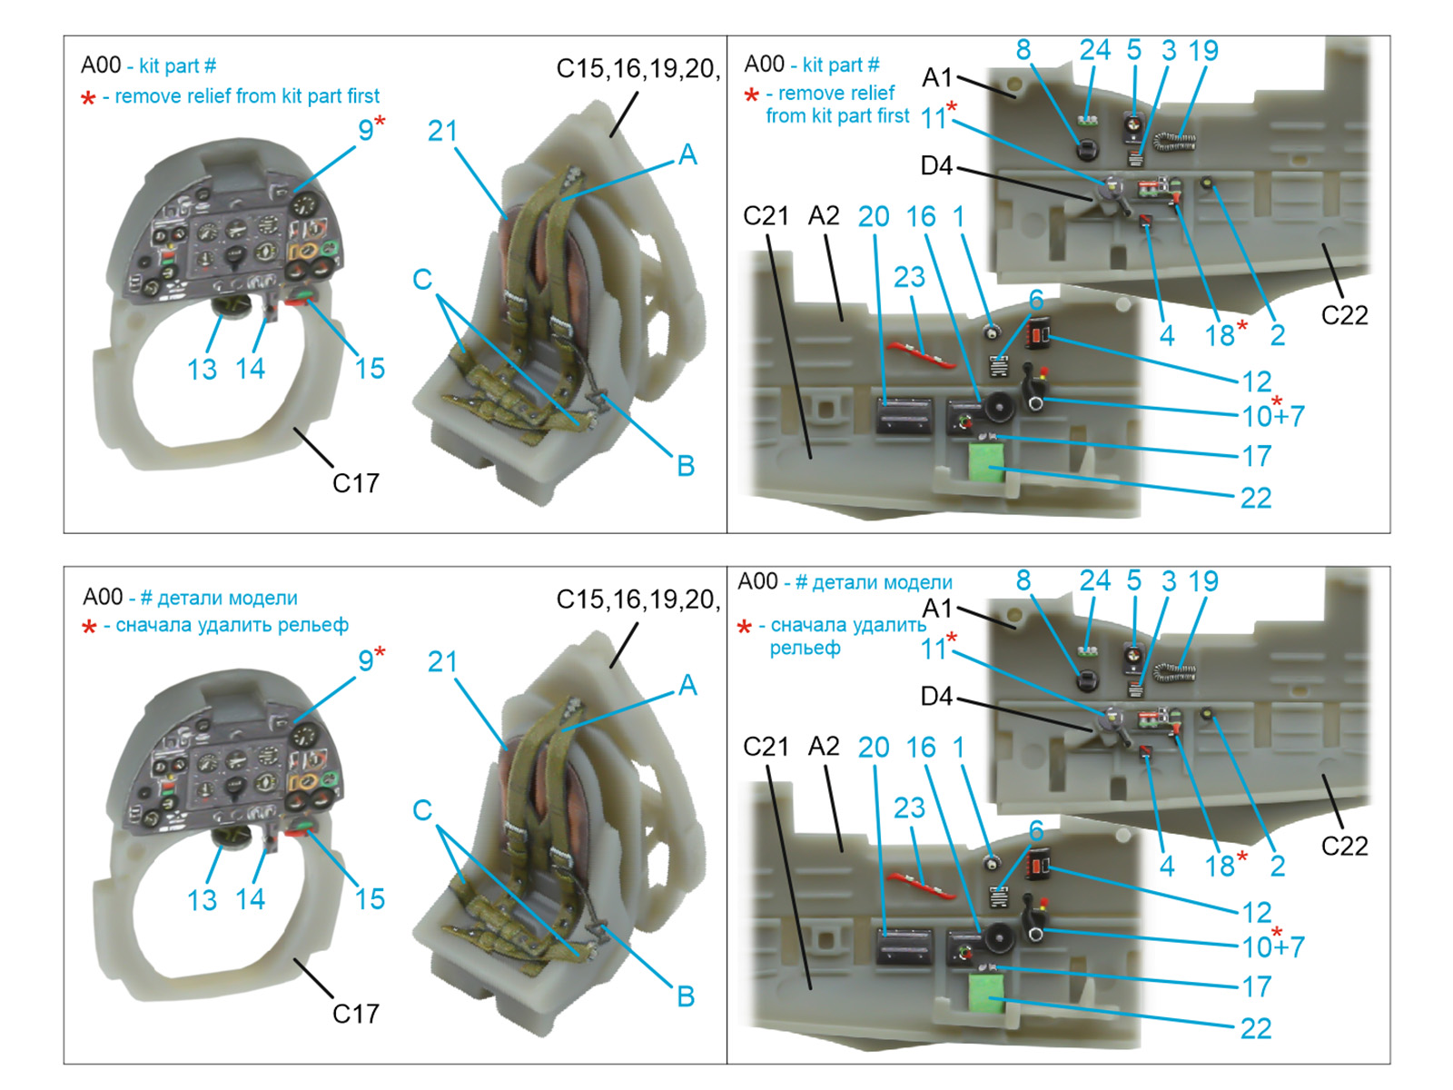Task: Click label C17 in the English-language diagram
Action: [x=355, y=483]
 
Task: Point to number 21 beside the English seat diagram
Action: [x=442, y=132]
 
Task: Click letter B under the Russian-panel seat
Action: [x=686, y=996]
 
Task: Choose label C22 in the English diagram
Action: [x=1344, y=315]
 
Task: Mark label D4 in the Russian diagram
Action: [x=936, y=697]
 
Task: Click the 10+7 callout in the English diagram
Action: [x=1273, y=416]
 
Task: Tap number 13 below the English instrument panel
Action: [x=202, y=370]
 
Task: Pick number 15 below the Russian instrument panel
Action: [x=370, y=899]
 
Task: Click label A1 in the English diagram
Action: [x=936, y=78]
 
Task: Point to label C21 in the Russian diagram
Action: [x=766, y=747]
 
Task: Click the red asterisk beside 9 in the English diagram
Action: [x=380, y=121]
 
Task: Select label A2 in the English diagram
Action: [x=824, y=216]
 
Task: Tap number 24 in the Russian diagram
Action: [x=1094, y=580]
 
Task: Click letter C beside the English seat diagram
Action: [x=422, y=279]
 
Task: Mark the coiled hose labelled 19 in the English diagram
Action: [x=1175, y=141]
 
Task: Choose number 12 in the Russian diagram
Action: [x=1257, y=912]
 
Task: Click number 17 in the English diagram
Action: [x=1257, y=456]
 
